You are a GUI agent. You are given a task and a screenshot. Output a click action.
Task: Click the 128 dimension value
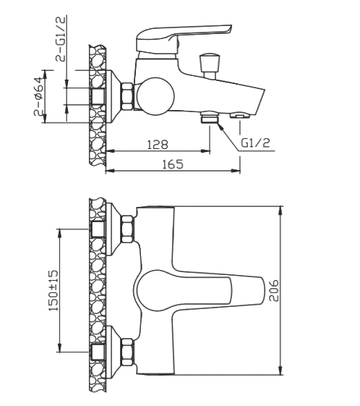(x=158, y=144)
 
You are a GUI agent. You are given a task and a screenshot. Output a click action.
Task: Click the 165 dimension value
(x=173, y=164)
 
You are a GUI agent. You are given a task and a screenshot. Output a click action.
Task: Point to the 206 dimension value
(x=274, y=290)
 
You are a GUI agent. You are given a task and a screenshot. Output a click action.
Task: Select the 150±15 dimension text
(x=53, y=290)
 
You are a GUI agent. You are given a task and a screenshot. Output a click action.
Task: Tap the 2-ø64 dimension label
(x=39, y=96)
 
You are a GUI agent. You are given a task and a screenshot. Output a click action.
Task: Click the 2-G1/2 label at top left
(x=61, y=38)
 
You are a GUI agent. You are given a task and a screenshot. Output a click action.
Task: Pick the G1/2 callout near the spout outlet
(x=255, y=143)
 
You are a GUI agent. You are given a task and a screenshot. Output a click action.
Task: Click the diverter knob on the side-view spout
(x=210, y=66)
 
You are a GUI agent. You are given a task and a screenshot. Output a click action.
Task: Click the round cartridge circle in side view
(x=155, y=96)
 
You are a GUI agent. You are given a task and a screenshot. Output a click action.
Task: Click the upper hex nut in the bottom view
(x=128, y=229)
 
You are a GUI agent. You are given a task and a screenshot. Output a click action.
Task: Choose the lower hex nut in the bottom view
(x=128, y=352)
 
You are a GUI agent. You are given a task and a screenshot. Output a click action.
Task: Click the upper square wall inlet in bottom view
(x=98, y=229)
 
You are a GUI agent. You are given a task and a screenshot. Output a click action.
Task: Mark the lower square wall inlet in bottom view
(x=98, y=352)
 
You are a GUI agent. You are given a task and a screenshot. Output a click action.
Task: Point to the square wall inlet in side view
(x=98, y=97)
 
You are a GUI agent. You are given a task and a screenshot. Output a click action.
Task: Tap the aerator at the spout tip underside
(x=241, y=116)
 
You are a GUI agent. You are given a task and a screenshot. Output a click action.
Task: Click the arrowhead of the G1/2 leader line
(x=220, y=126)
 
